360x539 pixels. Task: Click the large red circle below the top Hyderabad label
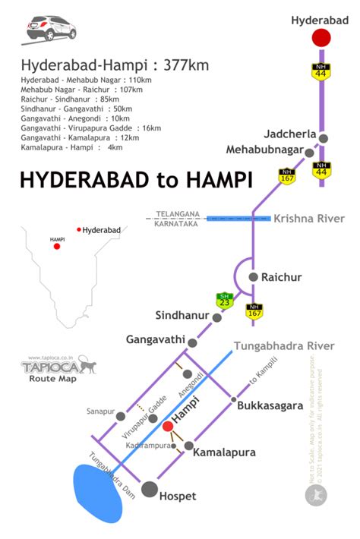pyautogui.click(x=322, y=38)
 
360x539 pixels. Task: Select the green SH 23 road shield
pyautogui.click(x=223, y=301)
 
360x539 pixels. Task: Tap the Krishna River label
pyautogui.click(x=309, y=219)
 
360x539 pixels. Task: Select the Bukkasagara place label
pyautogui.click(x=270, y=406)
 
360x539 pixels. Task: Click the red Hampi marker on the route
pyautogui.click(x=168, y=426)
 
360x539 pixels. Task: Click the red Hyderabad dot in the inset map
pyautogui.click(x=79, y=229)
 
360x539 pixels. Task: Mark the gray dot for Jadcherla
pyautogui.click(x=324, y=138)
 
